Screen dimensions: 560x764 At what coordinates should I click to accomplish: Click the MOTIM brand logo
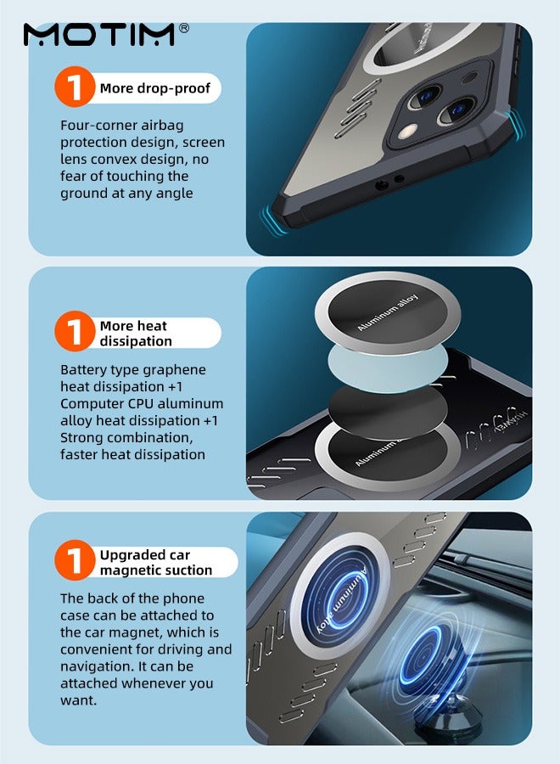(x=99, y=35)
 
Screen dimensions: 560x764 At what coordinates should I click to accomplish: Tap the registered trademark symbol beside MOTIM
(x=184, y=28)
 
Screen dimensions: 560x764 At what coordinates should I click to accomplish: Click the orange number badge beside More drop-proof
(x=74, y=87)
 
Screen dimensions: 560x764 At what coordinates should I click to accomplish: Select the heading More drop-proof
(x=155, y=88)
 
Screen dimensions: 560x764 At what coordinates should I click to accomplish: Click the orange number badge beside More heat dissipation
(x=74, y=332)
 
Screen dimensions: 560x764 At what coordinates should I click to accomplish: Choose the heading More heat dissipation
(x=136, y=334)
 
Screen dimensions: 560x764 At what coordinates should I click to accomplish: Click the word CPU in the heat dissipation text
(x=140, y=404)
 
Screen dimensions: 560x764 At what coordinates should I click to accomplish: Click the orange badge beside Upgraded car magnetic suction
(x=74, y=560)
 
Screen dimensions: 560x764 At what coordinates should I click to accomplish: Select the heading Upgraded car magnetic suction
(x=156, y=562)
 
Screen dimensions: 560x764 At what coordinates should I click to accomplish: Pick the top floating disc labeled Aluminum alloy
(x=388, y=312)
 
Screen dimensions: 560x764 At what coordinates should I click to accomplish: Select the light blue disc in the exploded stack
(x=387, y=368)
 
